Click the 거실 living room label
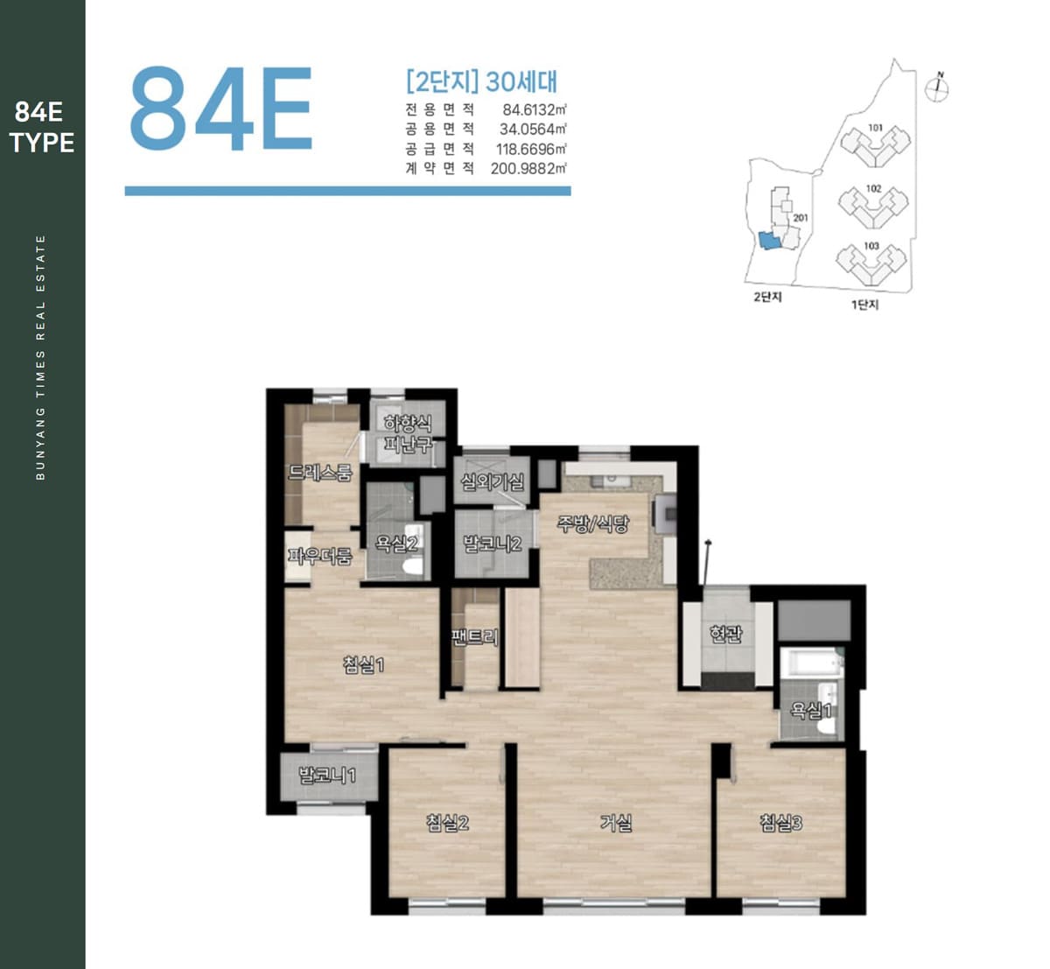pyautogui.click(x=616, y=823)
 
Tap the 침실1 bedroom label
pyautogui.click(x=364, y=664)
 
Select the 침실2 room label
pyautogui.click(x=447, y=823)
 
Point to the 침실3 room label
pyautogui.click(x=781, y=823)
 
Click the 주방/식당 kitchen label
pyautogui.click(x=593, y=523)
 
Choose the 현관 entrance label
pyautogui.click(x=726, y=634)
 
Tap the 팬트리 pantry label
pyautogui.click(x=475, y=637)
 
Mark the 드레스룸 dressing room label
pyautogui.click(x=320, y=473)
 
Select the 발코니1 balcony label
pyautogui.click(x=328, y=776)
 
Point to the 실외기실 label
pyautogui.click(x=493, y=481)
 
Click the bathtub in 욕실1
pyautogui.click(x=812, y=663)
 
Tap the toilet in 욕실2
pyautogui.click(x=411, y=565)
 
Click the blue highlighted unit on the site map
pyautogui.click(x=770, y=241)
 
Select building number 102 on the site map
pyautogui.click(x=873, y=188)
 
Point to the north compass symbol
pyautogui.click(x=937, y=89)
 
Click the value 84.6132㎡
pyautogui.click(x=535, y=109)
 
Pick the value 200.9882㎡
pyautogui.click(x=528, y=168)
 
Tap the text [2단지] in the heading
pyautogui.click(x=443, y=81)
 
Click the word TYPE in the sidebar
pyautogui.click(x=42, y=143)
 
